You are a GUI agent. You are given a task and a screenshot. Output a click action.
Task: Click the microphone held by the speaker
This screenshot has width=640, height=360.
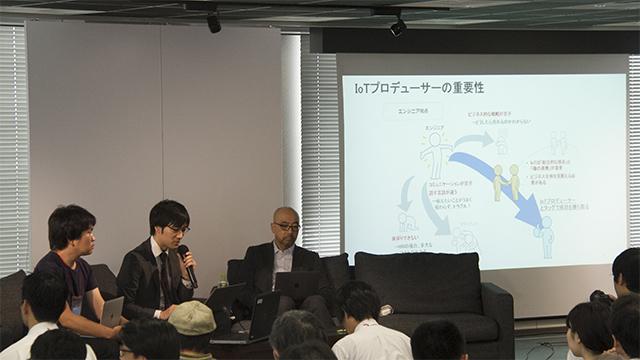pos(187,263)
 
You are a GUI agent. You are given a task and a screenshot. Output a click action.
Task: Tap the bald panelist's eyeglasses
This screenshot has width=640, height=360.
pos(287,227)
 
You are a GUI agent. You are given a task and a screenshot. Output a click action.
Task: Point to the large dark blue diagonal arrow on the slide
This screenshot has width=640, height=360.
pos(500,189)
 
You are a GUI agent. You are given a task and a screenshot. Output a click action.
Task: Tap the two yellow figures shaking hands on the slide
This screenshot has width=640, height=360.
pos(506,181)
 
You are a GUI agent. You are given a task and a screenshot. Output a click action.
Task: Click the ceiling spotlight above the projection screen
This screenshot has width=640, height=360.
pos(398,26)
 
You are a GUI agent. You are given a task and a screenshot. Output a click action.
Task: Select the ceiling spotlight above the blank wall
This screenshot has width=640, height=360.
pos(214,21)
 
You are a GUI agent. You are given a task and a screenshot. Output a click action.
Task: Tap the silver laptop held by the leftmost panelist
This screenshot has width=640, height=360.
pos(112,311)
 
